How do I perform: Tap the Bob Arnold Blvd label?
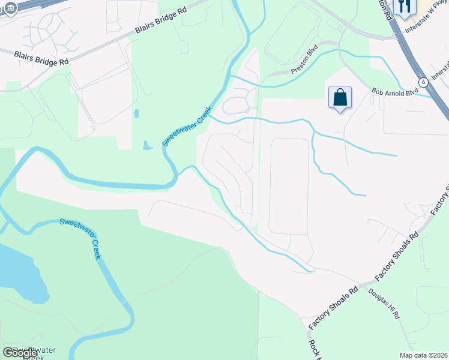[x=394, y=92]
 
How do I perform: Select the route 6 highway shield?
[x=423, y=82]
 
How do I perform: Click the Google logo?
[x=20, y=353]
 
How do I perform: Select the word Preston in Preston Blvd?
[x=300, y=66]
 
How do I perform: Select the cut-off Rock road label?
[x=313, y=350]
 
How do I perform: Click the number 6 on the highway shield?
[x=423, y=82]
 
